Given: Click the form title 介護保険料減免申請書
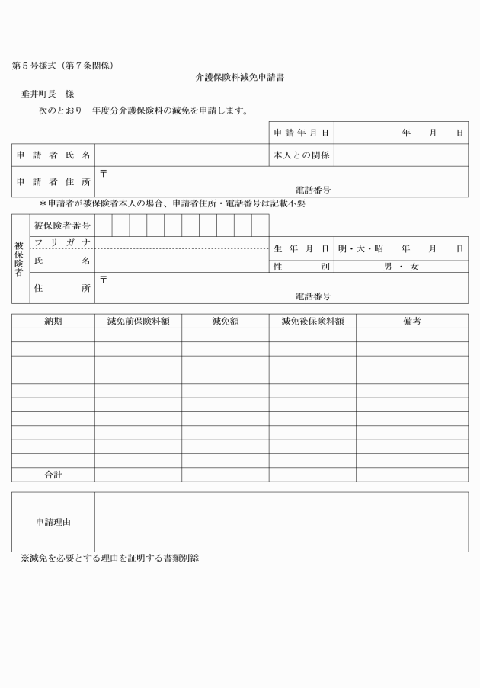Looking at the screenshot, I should click(x=240, y=78).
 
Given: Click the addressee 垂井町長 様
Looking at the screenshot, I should click(x=47, y=94).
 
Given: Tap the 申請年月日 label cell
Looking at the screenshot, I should click(x=301, y=133).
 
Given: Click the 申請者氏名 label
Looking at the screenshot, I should click(x=53, y=155).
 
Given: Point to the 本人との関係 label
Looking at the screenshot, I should click(x=301, y=155).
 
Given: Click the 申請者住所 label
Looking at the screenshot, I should click(x=53, y=181).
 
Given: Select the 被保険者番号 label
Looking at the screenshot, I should click(x=62, y=226).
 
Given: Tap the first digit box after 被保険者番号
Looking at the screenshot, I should click(x=104, y=226).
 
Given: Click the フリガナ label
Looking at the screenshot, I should click(x=62, y=242).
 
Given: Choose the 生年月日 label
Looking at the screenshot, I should click(x=301, y=248).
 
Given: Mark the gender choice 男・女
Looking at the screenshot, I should click(x=401, y=267).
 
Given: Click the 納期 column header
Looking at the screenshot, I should click(x=53, y=321).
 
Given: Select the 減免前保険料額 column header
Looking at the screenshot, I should click(x=138, y=321).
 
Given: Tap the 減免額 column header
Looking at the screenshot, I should click(x=225, y=321).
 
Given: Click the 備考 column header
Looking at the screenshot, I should click(x=411, y=321).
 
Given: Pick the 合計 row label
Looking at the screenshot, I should click(x=53, y=475).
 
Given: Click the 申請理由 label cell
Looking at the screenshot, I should click(x=53, y=522).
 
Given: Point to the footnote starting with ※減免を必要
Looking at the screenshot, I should click(x=110, y=558).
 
